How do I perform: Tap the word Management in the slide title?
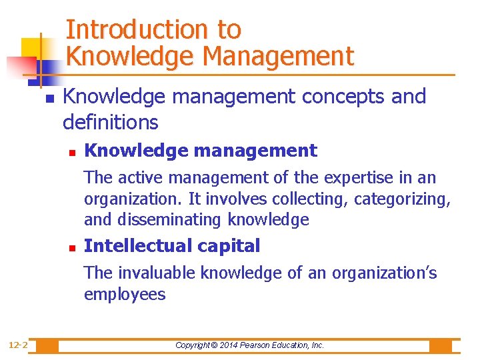pyautogui.click(x=278, y=56)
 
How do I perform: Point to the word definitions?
pyautogui.click(x=110, y=122)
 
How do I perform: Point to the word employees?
pyautogui.click(x=125, y=295)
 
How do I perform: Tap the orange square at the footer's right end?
pyautogui.click(x=441, y=345)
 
